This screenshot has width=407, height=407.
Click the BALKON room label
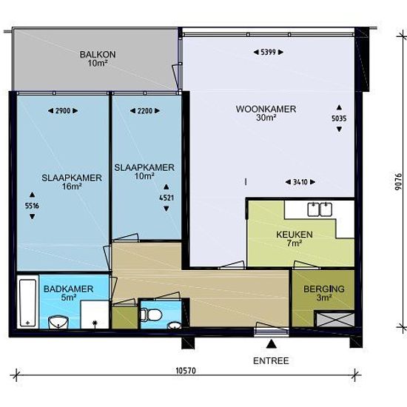(98, 55)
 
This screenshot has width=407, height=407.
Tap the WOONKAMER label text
(266, 109)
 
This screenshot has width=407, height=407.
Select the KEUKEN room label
(294, 235)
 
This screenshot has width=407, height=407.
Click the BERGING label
(323, 289)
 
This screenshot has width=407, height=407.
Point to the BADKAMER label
(68, 289)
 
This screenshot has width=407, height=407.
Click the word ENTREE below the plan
(271, 361)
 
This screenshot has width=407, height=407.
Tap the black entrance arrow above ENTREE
(272, 343)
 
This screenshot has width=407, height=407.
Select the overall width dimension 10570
(186, 371)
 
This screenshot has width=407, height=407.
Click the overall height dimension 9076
(399, 182)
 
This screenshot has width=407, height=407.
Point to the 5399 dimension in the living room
(268, 53)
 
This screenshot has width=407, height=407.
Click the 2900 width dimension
(63, 111)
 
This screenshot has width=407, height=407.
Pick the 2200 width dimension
(145, 111)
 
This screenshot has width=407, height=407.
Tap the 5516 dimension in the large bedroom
(32, 206)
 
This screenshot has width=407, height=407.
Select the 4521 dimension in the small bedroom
(166, 198)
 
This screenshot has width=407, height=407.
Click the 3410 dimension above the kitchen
(300, 182)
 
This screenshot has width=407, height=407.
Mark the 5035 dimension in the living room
(339, 118)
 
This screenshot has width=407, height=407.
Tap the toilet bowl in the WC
(152, 314)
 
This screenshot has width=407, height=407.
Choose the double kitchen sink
(320, 209)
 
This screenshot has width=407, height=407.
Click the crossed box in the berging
(334, 319)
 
